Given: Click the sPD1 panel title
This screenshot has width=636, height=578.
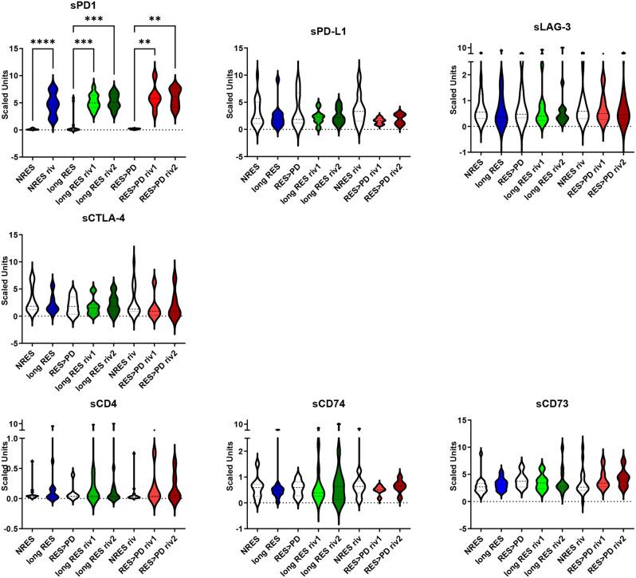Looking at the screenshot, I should [x=78, y=7].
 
